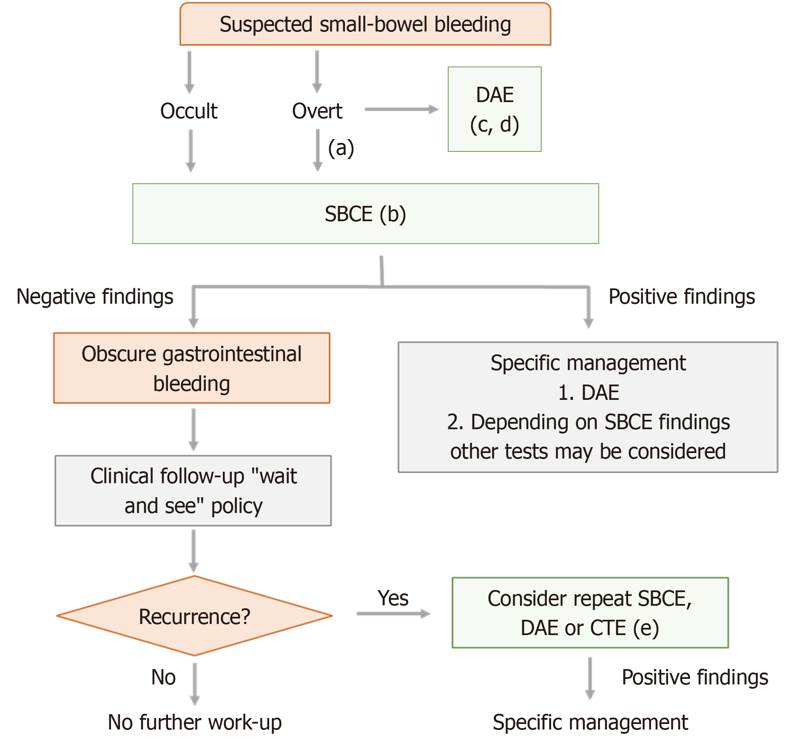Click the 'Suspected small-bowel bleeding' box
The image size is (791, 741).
pos(365,24)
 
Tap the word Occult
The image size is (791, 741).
pos(189,111)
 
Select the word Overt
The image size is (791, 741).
pos(317,111)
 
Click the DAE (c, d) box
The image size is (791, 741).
pos(494,109)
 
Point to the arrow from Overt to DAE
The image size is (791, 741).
pos(401,109)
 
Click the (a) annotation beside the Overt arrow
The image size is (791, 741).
pos(341,148)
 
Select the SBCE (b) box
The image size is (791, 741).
pos(365,214)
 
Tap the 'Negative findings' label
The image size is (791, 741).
pos(95,296)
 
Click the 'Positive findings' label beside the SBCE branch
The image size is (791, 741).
pos(681,296)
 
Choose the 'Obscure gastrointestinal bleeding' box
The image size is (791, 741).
pos(191,368)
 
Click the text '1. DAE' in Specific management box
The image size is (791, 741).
pos(588,392)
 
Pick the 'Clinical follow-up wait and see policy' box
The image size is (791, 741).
pos(193,491)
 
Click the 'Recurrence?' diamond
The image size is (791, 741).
pos(194,616)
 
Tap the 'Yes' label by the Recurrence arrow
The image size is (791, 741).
pos(393,598)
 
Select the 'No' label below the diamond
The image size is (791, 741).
pos(163,677)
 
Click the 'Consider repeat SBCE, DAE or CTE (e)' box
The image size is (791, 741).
pos(590,613)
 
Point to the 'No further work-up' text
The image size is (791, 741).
pos(194,722)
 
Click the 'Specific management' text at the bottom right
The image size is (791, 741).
pos(590,722)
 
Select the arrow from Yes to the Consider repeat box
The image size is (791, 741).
pos(393,613)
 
